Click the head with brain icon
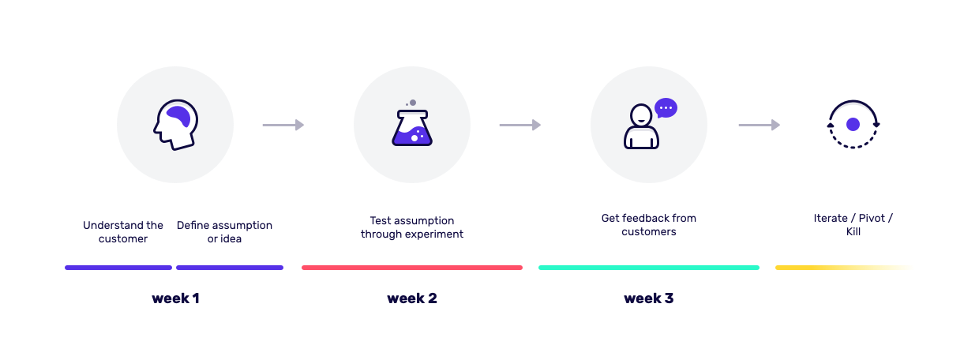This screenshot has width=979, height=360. [176, 125]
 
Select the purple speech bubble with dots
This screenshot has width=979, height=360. [666, 108]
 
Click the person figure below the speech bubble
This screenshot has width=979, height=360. [641, 126]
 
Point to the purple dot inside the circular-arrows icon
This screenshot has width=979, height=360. [853, 125]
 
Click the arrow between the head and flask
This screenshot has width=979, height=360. [283, 125]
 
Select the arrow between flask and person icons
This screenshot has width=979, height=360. [520, 125]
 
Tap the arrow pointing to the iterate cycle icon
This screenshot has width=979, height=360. [760, 125]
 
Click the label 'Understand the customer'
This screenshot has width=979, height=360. [123, 232]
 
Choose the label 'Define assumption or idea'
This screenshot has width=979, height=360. [224, 232]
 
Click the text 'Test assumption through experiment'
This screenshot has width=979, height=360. [412, 227]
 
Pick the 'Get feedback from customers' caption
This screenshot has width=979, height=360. [649, 224]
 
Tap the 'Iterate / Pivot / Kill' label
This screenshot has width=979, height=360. [853, 224]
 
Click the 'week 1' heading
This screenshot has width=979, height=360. [176, 298]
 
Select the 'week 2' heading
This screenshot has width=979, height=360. [412, 298]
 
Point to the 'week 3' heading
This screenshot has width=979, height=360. [649, 298]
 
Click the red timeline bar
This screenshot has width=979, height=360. [412, 268]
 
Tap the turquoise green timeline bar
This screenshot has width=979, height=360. [649, 268]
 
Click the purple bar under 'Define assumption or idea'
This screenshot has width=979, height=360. [230, 268]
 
